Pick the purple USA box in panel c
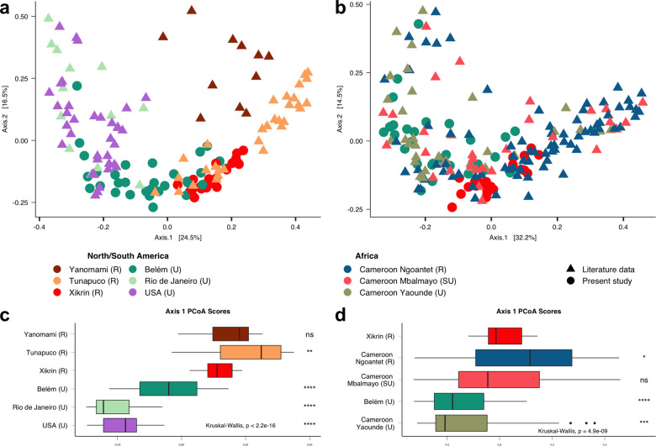(x=119, y=425)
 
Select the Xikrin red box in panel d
(x=505, y=336)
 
